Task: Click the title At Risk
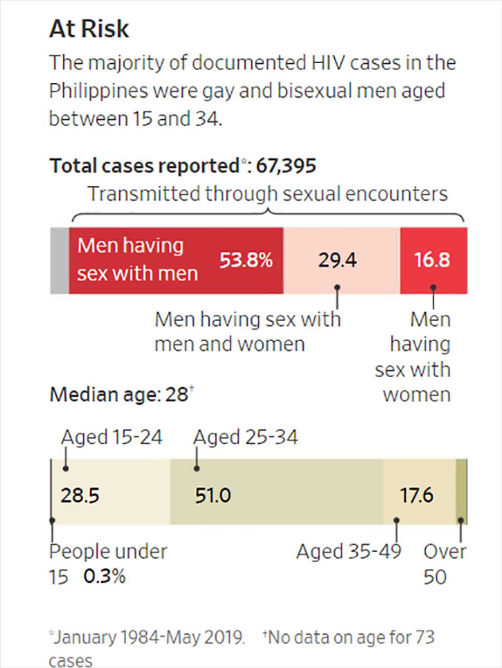pos(89,29)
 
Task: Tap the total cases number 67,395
pos(286,166)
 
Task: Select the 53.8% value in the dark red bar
pos(246,260)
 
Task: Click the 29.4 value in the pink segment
pos(338,260)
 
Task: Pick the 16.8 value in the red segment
pos(432,260)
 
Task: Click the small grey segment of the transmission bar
pos(60,260)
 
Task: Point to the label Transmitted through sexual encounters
pos(268,194)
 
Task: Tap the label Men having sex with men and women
pos(247,332)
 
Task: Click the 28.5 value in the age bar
pos(80,495)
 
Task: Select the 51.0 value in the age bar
pos(213,495)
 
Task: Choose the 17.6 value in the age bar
pos(416,495)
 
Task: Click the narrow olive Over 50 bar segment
pos(461,491)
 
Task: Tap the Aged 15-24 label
pos(112,437)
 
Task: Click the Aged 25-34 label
pos(245,437)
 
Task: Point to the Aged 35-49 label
pos(348,551)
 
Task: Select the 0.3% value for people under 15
pos(104,576)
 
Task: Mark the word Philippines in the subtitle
pos(98,91)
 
